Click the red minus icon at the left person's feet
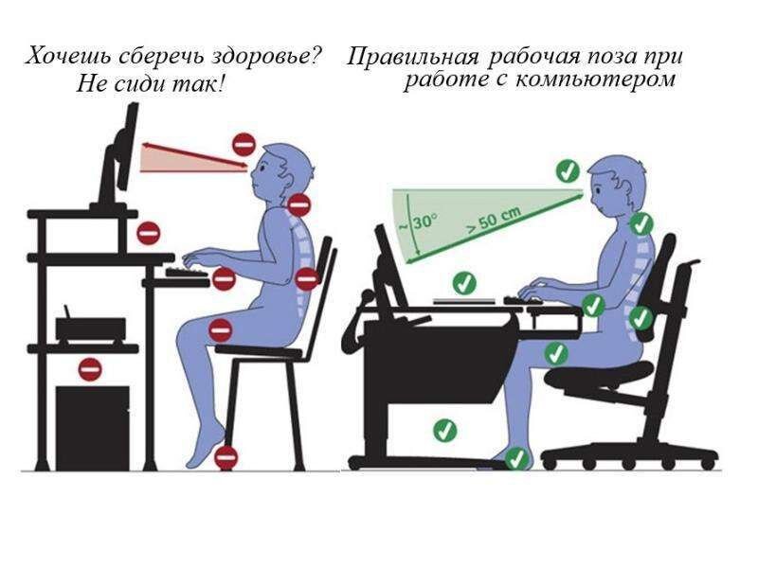tap(225, 457)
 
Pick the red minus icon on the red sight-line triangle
tap(244, 145)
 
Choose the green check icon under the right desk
tap(444, 431)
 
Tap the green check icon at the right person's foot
tap(515, 459)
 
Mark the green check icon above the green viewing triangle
tap(567, 171)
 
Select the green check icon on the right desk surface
tap(463, 281)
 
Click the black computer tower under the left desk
tap(93, 423)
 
